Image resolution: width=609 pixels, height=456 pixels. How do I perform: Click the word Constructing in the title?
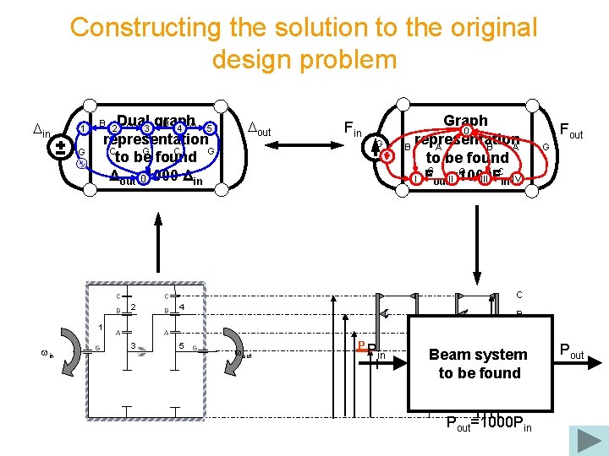(134, 27)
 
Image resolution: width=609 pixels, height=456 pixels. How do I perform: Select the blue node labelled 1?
(82, 128)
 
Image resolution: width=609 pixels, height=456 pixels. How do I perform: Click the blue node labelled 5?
(211, 128)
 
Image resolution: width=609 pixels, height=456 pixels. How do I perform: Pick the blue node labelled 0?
(144, 177)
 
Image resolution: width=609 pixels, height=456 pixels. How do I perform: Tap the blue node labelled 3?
(146, 128)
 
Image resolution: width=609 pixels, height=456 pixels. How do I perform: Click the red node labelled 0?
(465, 132)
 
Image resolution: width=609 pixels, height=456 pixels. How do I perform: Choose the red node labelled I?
(416, 178)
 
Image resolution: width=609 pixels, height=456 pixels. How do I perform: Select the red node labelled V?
(517, 178)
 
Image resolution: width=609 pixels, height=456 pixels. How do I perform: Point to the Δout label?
(258, 128)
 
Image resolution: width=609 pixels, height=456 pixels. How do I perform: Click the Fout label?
(571, 131)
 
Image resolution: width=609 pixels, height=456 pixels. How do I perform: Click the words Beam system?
(478, 355)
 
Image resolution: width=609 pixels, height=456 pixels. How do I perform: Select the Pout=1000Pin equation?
(489, 424)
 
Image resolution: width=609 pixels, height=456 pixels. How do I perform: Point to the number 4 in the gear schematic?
(182, 306)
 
